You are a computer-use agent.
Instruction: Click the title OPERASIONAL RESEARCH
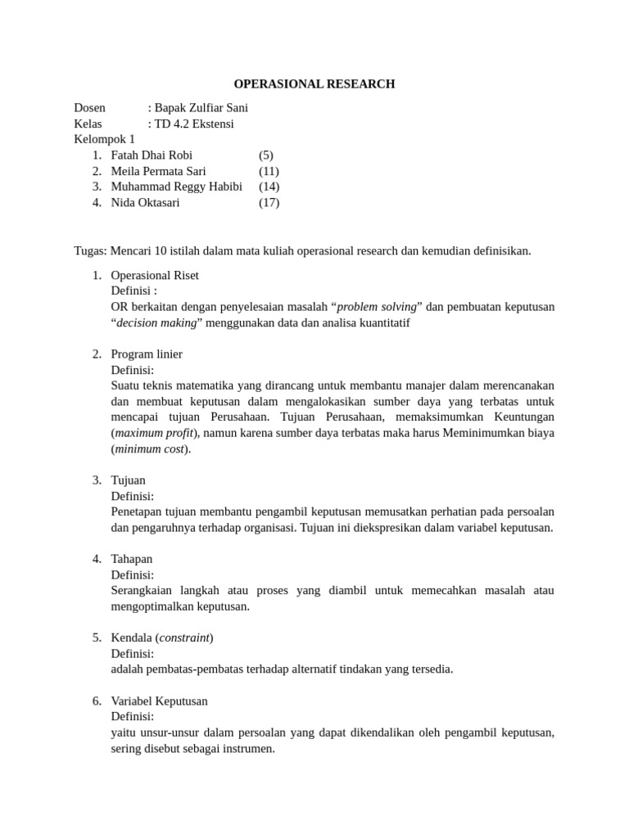click(x=314, y=83)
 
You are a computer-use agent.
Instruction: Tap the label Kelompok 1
click(x=105, y=139)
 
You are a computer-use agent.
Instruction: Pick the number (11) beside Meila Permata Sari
click(x=269, y=171)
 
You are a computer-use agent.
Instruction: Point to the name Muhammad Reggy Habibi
click(x=176, y=187)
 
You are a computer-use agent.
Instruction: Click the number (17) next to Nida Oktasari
click(x=269, y=203)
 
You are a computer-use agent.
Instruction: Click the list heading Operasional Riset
click(x=155, y=275)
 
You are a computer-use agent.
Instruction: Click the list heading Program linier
click(x=147, y=354)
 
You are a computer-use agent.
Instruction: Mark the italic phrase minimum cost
click(x=149, y=448)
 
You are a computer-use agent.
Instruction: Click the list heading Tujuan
click(x=128, y=480)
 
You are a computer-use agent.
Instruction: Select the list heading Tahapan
click(x=131, y=559)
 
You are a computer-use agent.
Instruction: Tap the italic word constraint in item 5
click(x=184, y=638)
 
